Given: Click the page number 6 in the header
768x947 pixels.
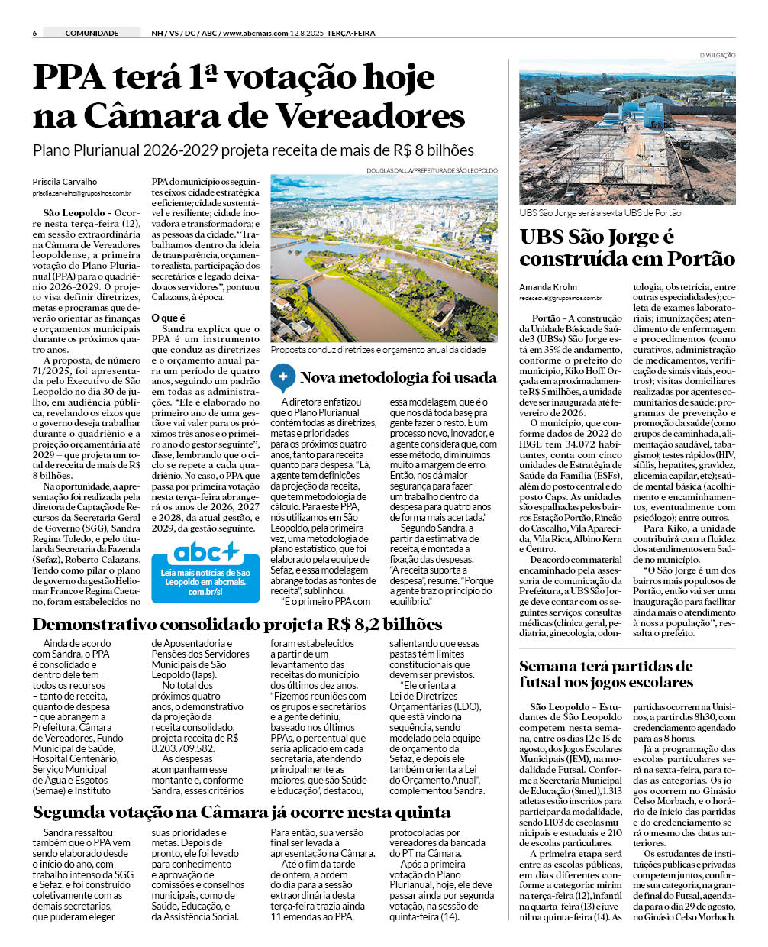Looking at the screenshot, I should (x=35, y=33).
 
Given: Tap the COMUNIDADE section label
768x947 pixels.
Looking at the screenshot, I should (x=92, y=33).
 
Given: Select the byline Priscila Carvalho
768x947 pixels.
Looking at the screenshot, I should (x=65, y=182).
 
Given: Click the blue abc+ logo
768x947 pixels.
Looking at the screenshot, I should (x=205, y=553).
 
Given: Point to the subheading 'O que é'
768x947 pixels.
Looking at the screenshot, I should (x=168, y=318).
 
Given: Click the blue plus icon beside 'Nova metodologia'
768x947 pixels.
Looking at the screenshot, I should (x=282, y=377).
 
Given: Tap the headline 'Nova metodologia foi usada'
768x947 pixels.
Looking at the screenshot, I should (x=398, y=377).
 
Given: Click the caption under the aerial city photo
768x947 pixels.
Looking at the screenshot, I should (x=378, y=350).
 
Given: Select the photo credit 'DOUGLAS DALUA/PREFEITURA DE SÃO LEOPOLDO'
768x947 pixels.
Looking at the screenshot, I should (x=431, y=170).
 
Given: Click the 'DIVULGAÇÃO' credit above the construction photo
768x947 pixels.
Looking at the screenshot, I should (x=717, y=55).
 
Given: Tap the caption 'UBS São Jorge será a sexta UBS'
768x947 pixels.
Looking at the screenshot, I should (x=600, y=213).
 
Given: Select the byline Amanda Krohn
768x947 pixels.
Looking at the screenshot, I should (x=548, y=287).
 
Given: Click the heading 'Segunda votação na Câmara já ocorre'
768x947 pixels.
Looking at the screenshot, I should (x=241, y=812).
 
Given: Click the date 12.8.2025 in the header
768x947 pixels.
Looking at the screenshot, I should (x=306, y=33).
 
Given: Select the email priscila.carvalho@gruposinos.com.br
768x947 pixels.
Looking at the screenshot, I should (x=82, y=194).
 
